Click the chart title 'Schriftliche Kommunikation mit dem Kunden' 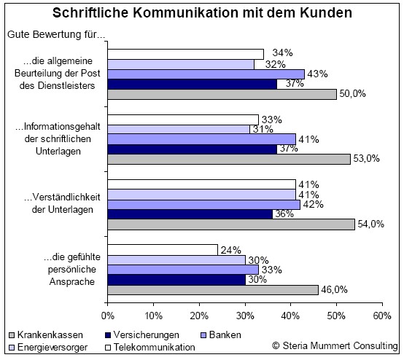click(202, 12)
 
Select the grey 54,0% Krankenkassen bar click(231, 224)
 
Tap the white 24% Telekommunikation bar click(163, 250)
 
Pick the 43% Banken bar click(206, 74)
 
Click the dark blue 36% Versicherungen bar click(190, 214)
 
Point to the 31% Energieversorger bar click(179, 129)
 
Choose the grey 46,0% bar click(213, 290)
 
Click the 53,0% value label click(366, 159)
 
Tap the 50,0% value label click(352, 94)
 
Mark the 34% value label click(283, 52)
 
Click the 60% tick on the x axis click(382, 316)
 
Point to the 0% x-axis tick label click(107, 316)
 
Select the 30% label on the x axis click(245, 316)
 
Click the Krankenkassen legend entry click(46, 335)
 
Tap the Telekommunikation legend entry click(150, 348)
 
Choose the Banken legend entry click(221, 335)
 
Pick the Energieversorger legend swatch click(12, 348)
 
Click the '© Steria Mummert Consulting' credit click(335, 345)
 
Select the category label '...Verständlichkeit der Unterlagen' click(62, 203)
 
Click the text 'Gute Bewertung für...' click(56, 34)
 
